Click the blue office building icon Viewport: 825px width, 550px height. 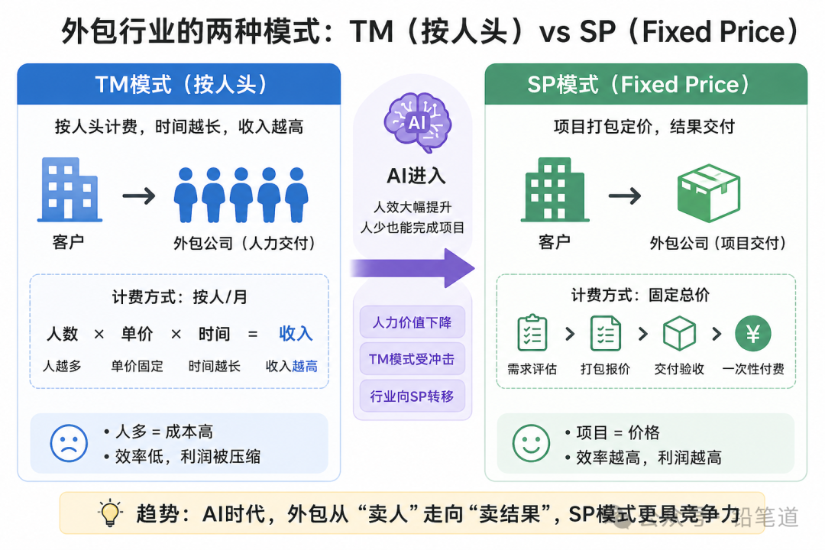pyautogui.click(x=70, y=189)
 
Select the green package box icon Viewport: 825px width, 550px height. pyautogui.click(x=709, y=192)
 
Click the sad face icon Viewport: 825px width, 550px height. pyautogui.click(x=69, y=442)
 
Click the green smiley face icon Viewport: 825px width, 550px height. pyautogui.click(x=531, y=443)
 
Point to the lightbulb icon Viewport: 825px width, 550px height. pyautogui.click(x=112, y=513)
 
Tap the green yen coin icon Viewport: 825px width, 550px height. pyautogui.click(x=752, y=333)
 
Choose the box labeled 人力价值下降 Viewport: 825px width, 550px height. pyautogui.click(x=412, y=322)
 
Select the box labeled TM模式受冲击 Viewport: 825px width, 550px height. pyautogui.click(x=412, y=359)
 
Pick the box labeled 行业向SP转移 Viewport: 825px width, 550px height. pyautogui.click(x=412, y=396)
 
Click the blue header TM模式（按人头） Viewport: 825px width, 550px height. pyautogui.click(x=179, y=84)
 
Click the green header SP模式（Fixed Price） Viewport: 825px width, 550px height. pyautogui.click(x=645, y=84)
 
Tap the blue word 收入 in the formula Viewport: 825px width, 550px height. pyautogui.click(x=296, y=334)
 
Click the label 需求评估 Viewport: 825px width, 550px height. pyautogui.click(x=532, y=369)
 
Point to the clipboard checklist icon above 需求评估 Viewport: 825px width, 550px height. pyautogui.click(x=532, y=332)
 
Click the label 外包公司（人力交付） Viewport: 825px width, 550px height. pyautogui.click(x=244, y=244)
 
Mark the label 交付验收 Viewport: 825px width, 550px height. pyautogui.click(x=679, y=369)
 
